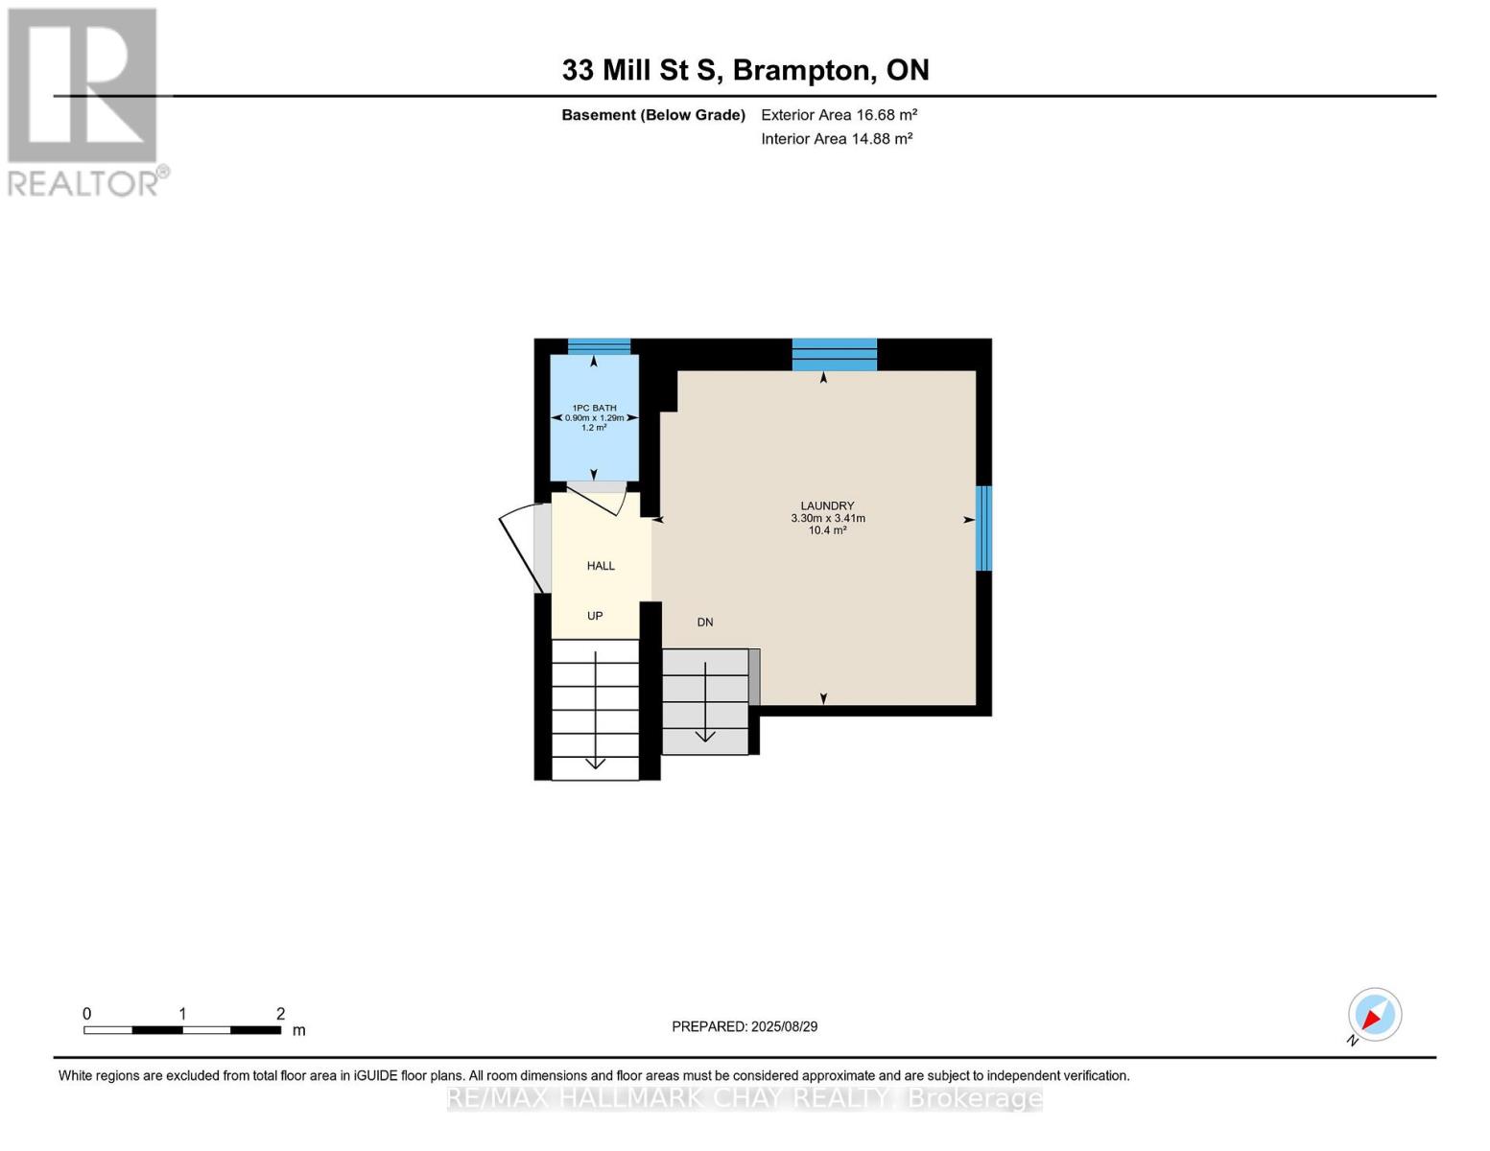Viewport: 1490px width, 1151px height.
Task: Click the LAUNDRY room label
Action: pos(827,505)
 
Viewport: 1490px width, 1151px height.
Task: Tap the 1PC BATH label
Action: pos(594,408)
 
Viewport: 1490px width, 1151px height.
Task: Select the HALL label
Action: pos(601,566)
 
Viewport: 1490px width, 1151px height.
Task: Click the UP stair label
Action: pos(595,616)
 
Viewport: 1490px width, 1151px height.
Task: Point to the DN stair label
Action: pos(705,622)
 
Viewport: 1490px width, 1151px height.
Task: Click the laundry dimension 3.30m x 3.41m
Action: pos(827,518)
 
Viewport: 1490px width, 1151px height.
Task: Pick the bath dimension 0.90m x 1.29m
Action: pos(594,418)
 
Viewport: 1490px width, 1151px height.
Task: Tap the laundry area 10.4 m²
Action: pos(827,530)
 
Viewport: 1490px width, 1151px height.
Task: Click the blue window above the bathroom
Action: pos(599,346)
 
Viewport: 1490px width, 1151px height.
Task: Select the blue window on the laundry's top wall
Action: pos(834,354)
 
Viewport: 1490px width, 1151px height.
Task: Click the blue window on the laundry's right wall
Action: pos(983,528)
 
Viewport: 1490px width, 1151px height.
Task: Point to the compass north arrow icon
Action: pos(1374,1015)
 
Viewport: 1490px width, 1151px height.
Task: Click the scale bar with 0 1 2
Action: pos(182,1029)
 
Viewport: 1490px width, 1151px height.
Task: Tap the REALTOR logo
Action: pos(84,101)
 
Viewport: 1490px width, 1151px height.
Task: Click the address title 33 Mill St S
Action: pos(745,70)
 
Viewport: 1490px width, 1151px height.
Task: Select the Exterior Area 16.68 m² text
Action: pos(839,115)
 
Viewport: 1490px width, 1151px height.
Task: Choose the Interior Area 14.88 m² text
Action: pos(837,139)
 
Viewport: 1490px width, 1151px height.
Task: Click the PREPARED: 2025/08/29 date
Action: pos(745,1026)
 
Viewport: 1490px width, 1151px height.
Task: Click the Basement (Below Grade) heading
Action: pos(653,115)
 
